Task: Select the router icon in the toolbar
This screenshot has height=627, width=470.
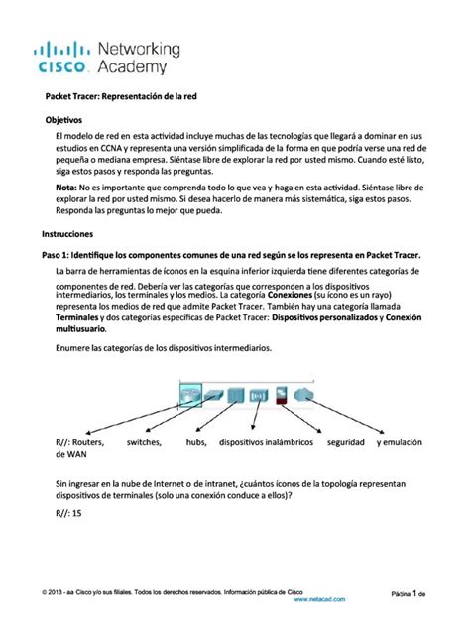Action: click(191, 395)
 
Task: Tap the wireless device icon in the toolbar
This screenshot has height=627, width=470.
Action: click(259, 395)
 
